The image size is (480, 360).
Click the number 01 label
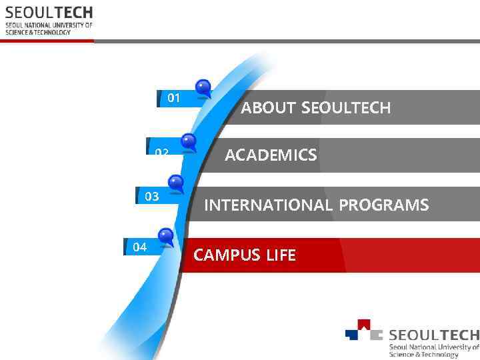tap(174, 98)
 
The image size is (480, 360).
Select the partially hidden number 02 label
tap(161, 152)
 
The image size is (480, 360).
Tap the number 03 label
tap(152, 196)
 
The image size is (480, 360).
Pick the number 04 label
tap(139, 247)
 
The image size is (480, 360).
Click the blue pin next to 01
tap(203, 87)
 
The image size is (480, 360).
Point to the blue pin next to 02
tap(189, 141)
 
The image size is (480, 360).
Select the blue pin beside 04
tap(165, 235)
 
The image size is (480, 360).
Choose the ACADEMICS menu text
tap(271, 155)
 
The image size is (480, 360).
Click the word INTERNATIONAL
tap(268, 205)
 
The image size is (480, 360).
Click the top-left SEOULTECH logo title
tap(49, 13)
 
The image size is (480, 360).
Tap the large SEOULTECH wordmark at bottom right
tap(433, 335)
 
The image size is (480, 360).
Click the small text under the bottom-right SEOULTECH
tap(434, 351)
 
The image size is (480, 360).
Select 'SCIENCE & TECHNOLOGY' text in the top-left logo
tap(38, 32)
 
